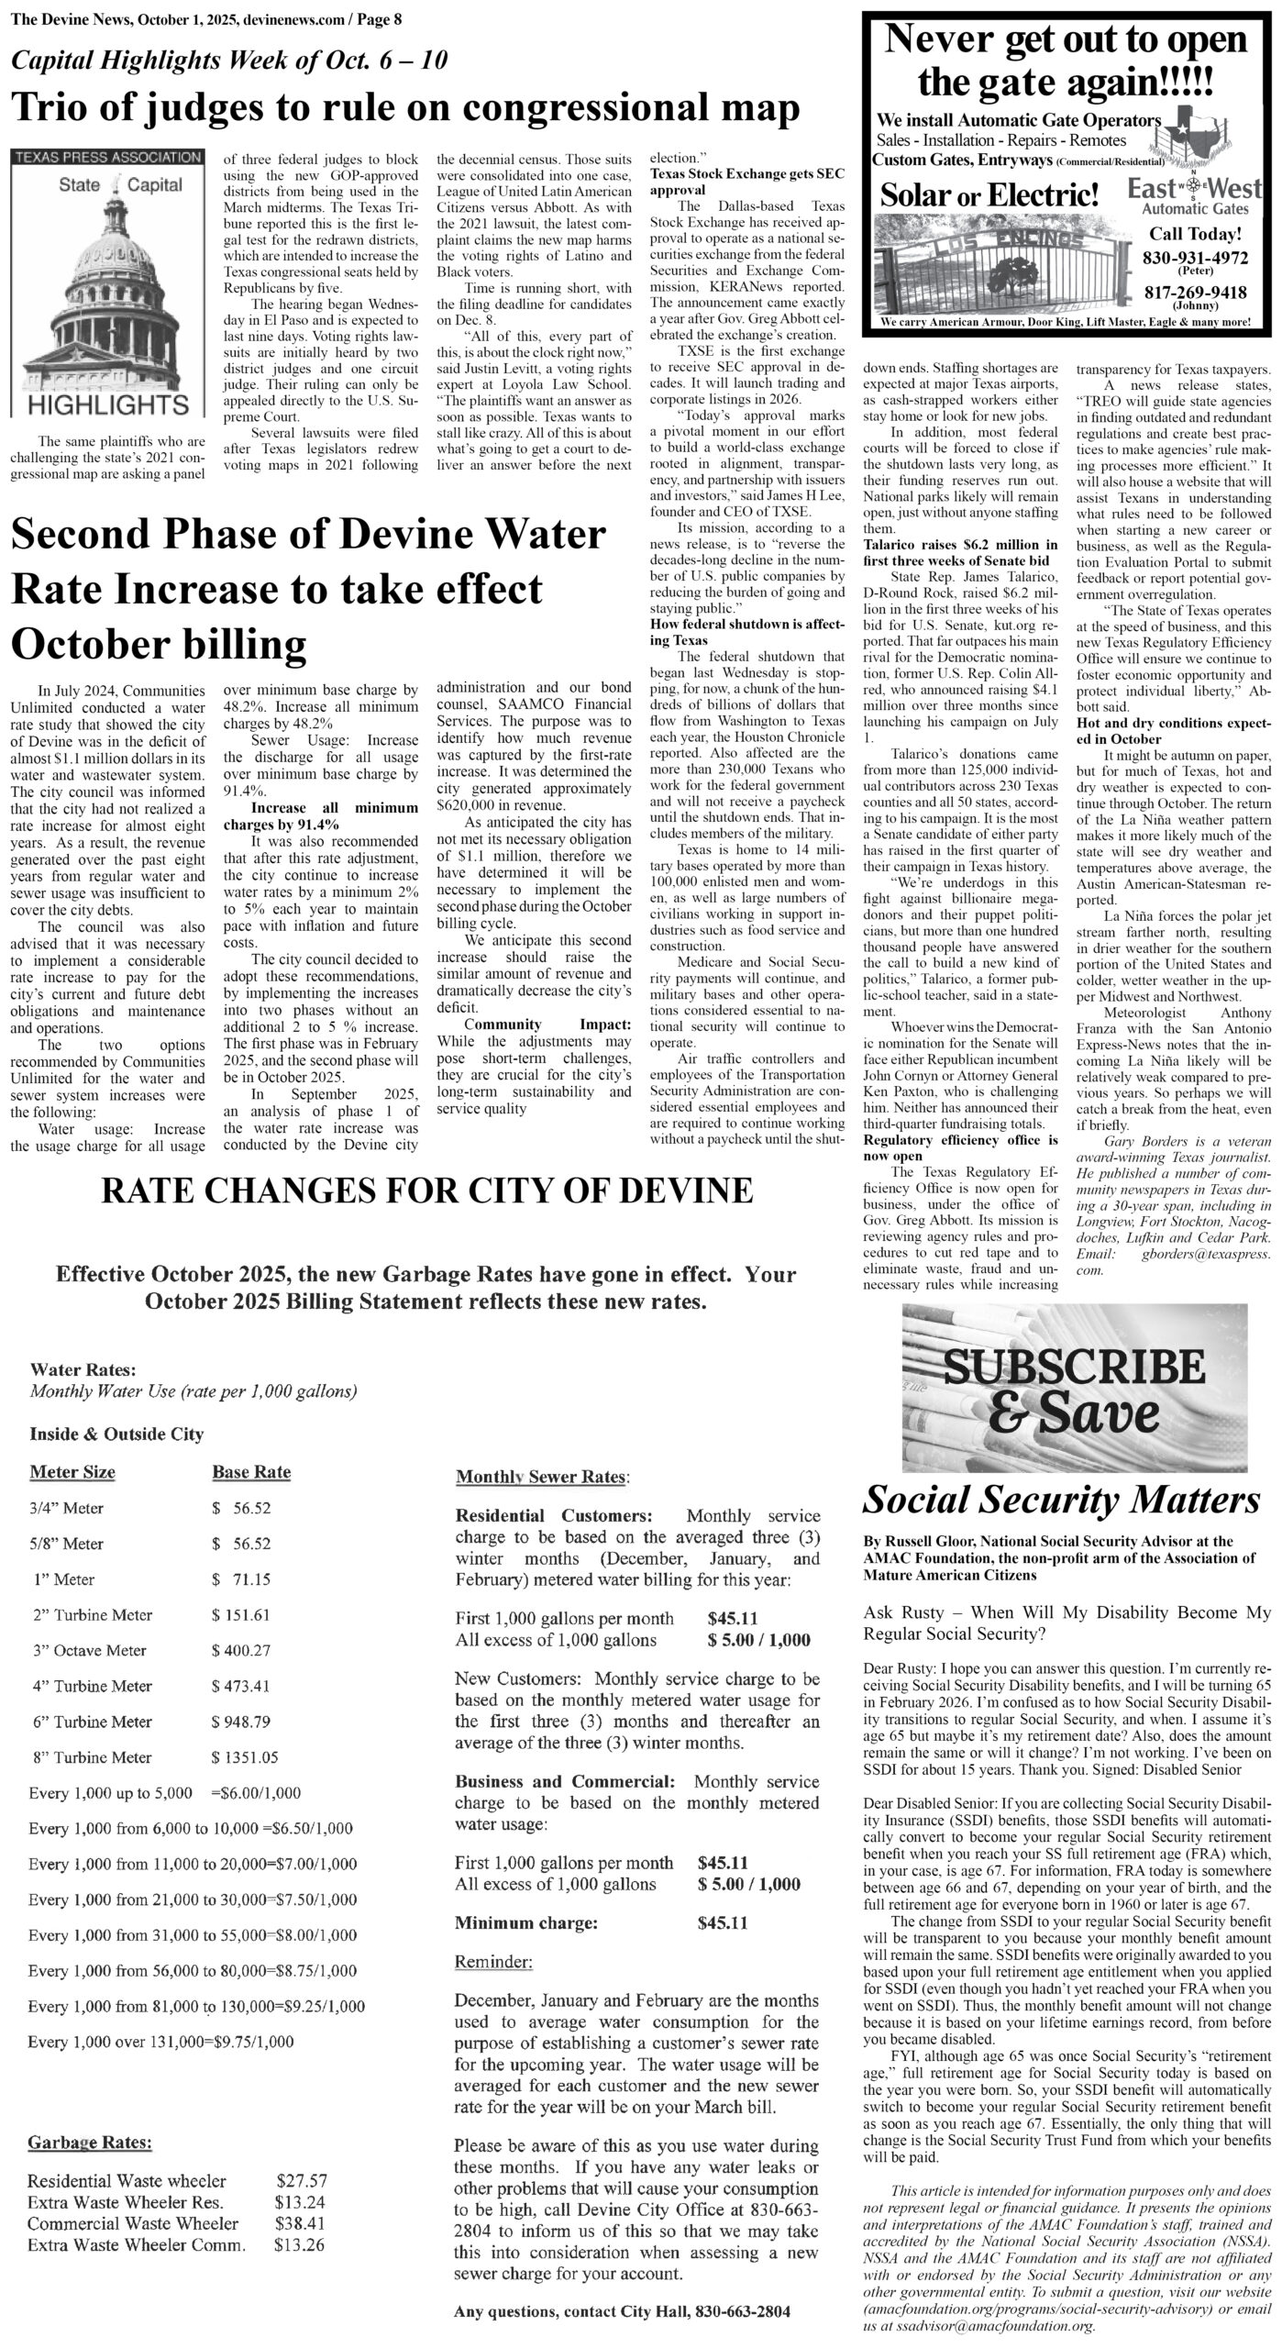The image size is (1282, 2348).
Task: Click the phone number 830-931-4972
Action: [x=1194, y=258]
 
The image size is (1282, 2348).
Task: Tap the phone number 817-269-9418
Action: [x=1194, y=293]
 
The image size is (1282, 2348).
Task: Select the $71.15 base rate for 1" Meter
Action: [x=240, y=1578]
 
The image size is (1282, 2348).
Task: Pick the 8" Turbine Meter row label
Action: [x=91, y=1756]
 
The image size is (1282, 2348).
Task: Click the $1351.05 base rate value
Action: [x=245, y=1756]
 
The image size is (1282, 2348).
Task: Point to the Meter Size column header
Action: [x=72, y=1472]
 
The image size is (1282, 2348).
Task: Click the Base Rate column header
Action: [x=251, y=1472]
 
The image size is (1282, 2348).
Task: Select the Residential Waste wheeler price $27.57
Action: [x=301, y=2180]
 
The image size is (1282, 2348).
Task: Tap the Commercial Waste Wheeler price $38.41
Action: [x=301, y=2223]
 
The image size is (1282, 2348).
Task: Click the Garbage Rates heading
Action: [x=90, y=2143]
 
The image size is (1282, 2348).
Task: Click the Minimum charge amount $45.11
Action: [x=722, y=1922]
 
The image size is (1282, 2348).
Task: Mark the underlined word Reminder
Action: [x=493, y=1962]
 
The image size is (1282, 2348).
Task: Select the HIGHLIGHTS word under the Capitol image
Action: [x=107, y=404]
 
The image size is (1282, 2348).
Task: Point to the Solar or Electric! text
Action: [x=989, y=194]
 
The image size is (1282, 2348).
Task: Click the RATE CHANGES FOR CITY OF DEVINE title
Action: [x=426, y=1191]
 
